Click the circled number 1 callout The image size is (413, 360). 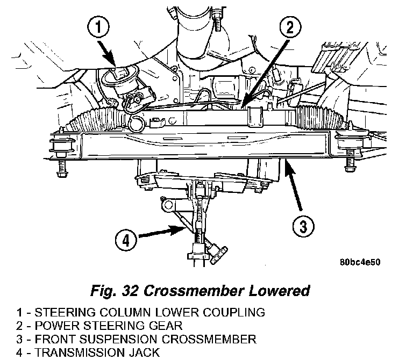coord(98,27)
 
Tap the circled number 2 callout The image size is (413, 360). coord(290,27)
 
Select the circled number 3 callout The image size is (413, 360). coord(303,227)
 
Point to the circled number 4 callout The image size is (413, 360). coord(126,240)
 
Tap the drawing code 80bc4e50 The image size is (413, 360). coord(360,262)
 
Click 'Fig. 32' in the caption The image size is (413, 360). coord(114,291)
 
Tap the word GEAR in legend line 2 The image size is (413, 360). coord(166,326)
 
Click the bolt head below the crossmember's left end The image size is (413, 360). coord(62,174)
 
